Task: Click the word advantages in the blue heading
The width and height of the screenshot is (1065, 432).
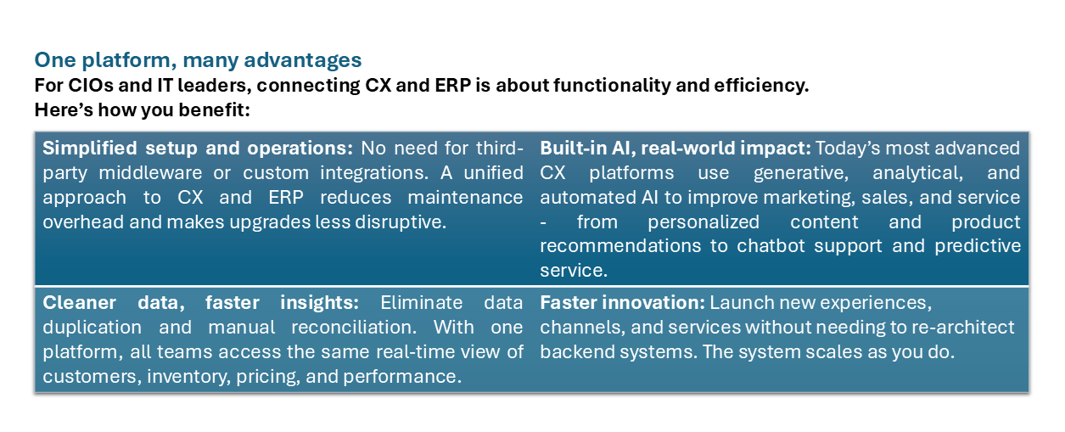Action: [302, 61]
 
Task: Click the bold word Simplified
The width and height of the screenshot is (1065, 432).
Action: [90, 149]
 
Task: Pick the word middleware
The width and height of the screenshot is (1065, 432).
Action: [150, 172]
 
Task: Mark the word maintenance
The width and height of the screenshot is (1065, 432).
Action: [465, 198]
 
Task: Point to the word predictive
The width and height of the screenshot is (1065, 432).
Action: [977, 246]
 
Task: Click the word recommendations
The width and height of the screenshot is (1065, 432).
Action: [620, 246]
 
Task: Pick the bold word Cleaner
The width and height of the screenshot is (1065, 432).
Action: [80, 303]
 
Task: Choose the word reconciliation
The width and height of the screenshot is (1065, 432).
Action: [354, 328]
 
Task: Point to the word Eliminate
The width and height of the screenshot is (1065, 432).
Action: [421, 303]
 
